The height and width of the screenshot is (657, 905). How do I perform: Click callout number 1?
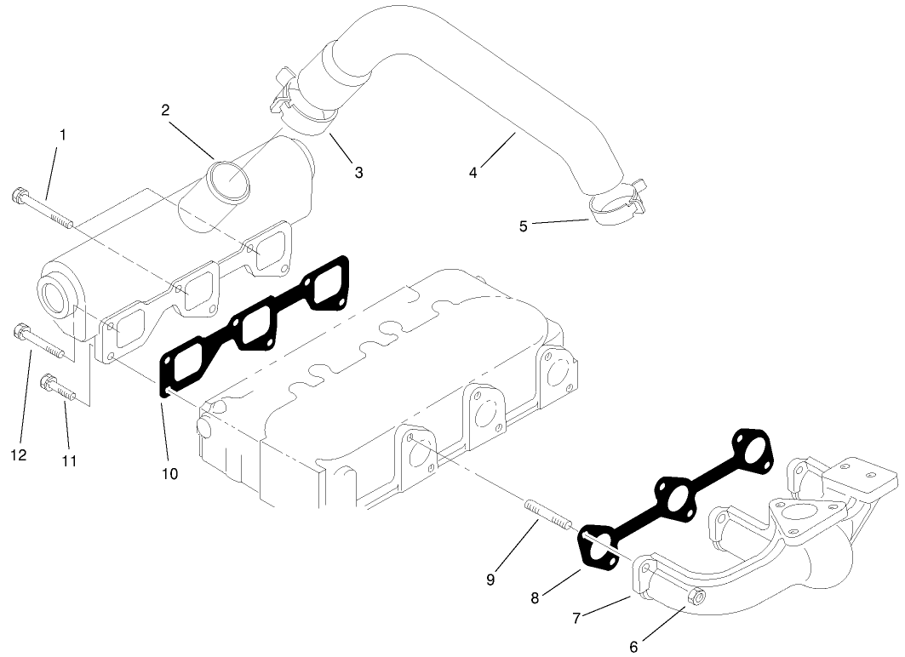pos(63,134)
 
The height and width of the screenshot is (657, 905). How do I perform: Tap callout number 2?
pos(165,109)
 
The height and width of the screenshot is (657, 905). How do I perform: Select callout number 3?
pos(358,172)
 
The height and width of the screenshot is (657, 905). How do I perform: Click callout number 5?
pos(524,226)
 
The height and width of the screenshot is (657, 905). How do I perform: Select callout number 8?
pos(535,598)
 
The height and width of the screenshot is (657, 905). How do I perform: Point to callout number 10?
pos(169,473)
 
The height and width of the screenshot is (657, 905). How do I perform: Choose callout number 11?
pos(70,460)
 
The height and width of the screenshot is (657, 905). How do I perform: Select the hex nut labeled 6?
pos(694,599)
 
